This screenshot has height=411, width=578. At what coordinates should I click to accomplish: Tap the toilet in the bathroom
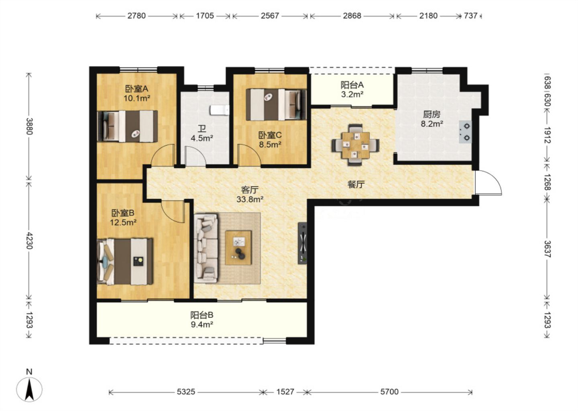[x=220, y=110]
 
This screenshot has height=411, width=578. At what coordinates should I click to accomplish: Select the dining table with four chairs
[x=355, y=145]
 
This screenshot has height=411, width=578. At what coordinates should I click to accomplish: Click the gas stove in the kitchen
[x=465, y=132]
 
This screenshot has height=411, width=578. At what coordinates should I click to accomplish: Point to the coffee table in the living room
[x=238, y=248]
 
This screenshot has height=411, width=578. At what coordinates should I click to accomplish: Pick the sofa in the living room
[x=206, y=248]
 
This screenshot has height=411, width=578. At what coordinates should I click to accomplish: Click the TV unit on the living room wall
[x=302, y=243]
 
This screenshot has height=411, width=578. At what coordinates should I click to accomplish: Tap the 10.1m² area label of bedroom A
[x=137, y=98]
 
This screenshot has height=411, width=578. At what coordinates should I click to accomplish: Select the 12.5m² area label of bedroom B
[x=123, y=222]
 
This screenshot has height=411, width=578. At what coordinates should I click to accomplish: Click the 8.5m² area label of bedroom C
[x=270, y=144]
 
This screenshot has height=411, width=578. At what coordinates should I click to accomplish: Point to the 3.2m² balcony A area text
[x=352, y=94]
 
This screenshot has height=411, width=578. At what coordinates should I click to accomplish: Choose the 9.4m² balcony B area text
[x=202, y=325]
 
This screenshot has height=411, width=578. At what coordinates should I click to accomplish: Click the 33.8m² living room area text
[x=250, y=199]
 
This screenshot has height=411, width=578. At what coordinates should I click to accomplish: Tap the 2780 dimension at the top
[x=136, y=16]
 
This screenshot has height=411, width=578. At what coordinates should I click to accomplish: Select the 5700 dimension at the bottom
[x=389, y=392]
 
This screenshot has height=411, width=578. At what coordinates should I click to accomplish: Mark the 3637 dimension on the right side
[x=547, y=249]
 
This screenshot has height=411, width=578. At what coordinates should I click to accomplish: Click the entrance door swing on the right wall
[x=488, y=183]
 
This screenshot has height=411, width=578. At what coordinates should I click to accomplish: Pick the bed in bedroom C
[x=276, y=104]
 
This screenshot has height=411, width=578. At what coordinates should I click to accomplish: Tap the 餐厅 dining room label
[x=356, y=184]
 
